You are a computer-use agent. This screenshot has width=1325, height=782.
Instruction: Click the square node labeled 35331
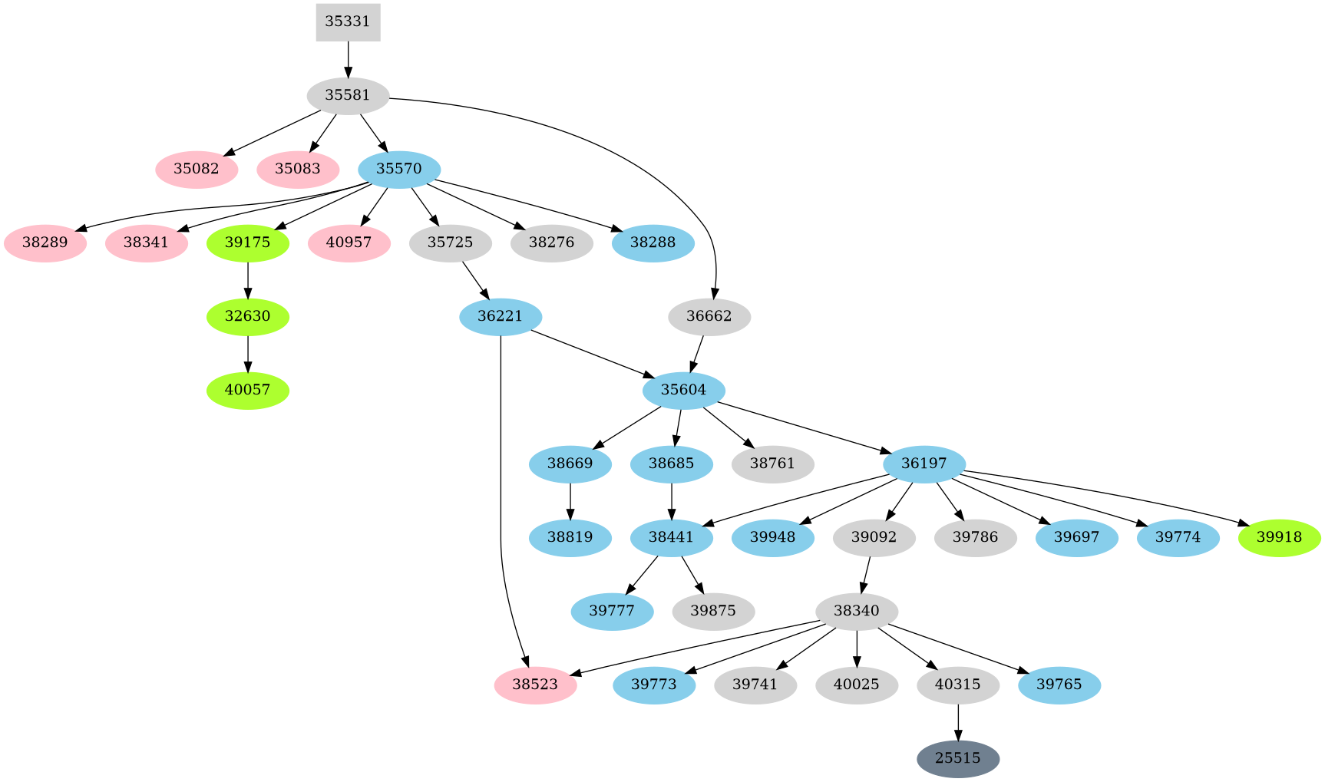pos(348,21)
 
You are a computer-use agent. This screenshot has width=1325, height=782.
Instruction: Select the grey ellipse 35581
pos(348,96)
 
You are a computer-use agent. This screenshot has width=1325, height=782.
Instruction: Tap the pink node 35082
pos(197,169)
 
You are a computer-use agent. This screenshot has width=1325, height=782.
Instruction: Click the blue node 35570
pos(399,169)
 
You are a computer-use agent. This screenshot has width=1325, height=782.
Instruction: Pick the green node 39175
pos(248,243)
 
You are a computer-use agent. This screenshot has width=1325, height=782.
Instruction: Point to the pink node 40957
pos(349,243)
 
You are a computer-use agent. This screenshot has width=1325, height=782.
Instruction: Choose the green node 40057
pos(248,390)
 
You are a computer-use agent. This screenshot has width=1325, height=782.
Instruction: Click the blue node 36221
pos(501,316)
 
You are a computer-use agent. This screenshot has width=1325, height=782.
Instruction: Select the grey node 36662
pos(709,316)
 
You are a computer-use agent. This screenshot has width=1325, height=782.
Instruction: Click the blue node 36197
pos(924,464)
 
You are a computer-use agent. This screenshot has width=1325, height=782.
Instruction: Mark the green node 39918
pos(1279,537)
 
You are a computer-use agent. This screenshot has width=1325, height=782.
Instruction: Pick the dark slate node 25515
pos(958,758)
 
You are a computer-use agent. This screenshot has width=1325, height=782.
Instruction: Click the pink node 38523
pos(535,685)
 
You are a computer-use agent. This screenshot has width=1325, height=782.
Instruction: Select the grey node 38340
pos(857,611)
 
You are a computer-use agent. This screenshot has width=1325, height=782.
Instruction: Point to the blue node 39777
pos(613,611)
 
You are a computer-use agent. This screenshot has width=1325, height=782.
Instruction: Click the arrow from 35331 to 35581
pos(348,60)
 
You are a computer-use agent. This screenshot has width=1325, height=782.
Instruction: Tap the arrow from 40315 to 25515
pos(958,722)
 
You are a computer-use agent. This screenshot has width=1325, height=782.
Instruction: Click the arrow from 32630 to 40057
pos(248,354)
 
